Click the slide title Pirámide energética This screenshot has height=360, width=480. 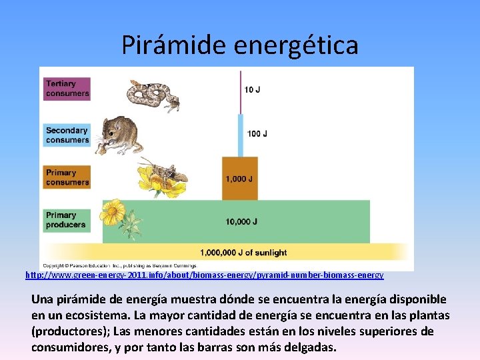click(x=240, y=45)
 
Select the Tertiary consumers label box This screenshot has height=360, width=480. click(x=67, y=89)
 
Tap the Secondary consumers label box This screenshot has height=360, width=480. click(x=67, y=135)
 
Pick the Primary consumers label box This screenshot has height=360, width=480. click(x=67, y=177)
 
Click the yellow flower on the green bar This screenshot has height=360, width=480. click(x=114, y=212)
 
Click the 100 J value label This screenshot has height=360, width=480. click(x=257, y=134)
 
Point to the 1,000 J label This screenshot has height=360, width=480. click(x=239, y=179)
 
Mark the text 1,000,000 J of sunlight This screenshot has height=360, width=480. click(x=243, y=253)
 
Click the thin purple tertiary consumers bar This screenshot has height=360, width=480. click(x=241, y=92)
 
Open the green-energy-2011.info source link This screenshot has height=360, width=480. click(x=204, y=275)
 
